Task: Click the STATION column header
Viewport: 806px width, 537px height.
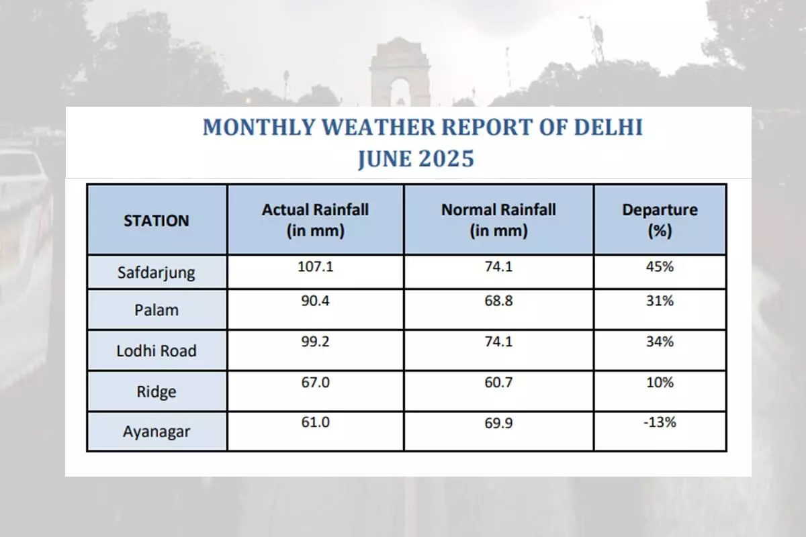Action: coord(156,220)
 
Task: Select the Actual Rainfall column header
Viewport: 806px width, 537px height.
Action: coord(315,220)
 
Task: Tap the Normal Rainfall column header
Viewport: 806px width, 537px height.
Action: coord(498,220)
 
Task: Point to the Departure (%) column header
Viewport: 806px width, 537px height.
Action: coord(660,220)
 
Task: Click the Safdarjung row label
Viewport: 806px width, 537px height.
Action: coord(156,273)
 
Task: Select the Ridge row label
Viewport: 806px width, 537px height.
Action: coord(156,391)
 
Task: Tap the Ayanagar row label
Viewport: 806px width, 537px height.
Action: coord(156,432)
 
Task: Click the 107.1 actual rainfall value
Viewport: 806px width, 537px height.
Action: coord(316,266)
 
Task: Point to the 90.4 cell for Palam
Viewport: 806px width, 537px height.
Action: coord(316,302)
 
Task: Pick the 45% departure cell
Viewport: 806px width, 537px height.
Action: coord(660,266)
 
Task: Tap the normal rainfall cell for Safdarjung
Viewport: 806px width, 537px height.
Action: coord(499,266)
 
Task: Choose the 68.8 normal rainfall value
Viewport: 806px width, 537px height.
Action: coord(499,302)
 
